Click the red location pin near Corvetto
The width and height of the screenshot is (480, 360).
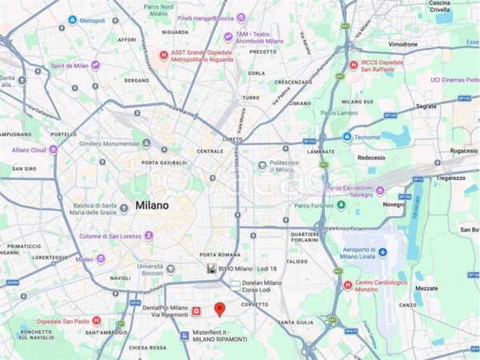(220, 309)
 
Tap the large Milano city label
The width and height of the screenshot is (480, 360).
(152, 205)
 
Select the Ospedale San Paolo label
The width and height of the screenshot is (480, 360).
(63, 321)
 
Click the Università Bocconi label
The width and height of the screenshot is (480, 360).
(150, 271)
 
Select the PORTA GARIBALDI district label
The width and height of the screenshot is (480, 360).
(164, 163)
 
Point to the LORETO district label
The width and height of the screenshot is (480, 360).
(232, 138)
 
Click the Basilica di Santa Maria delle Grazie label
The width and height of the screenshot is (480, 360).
(99, 209)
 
